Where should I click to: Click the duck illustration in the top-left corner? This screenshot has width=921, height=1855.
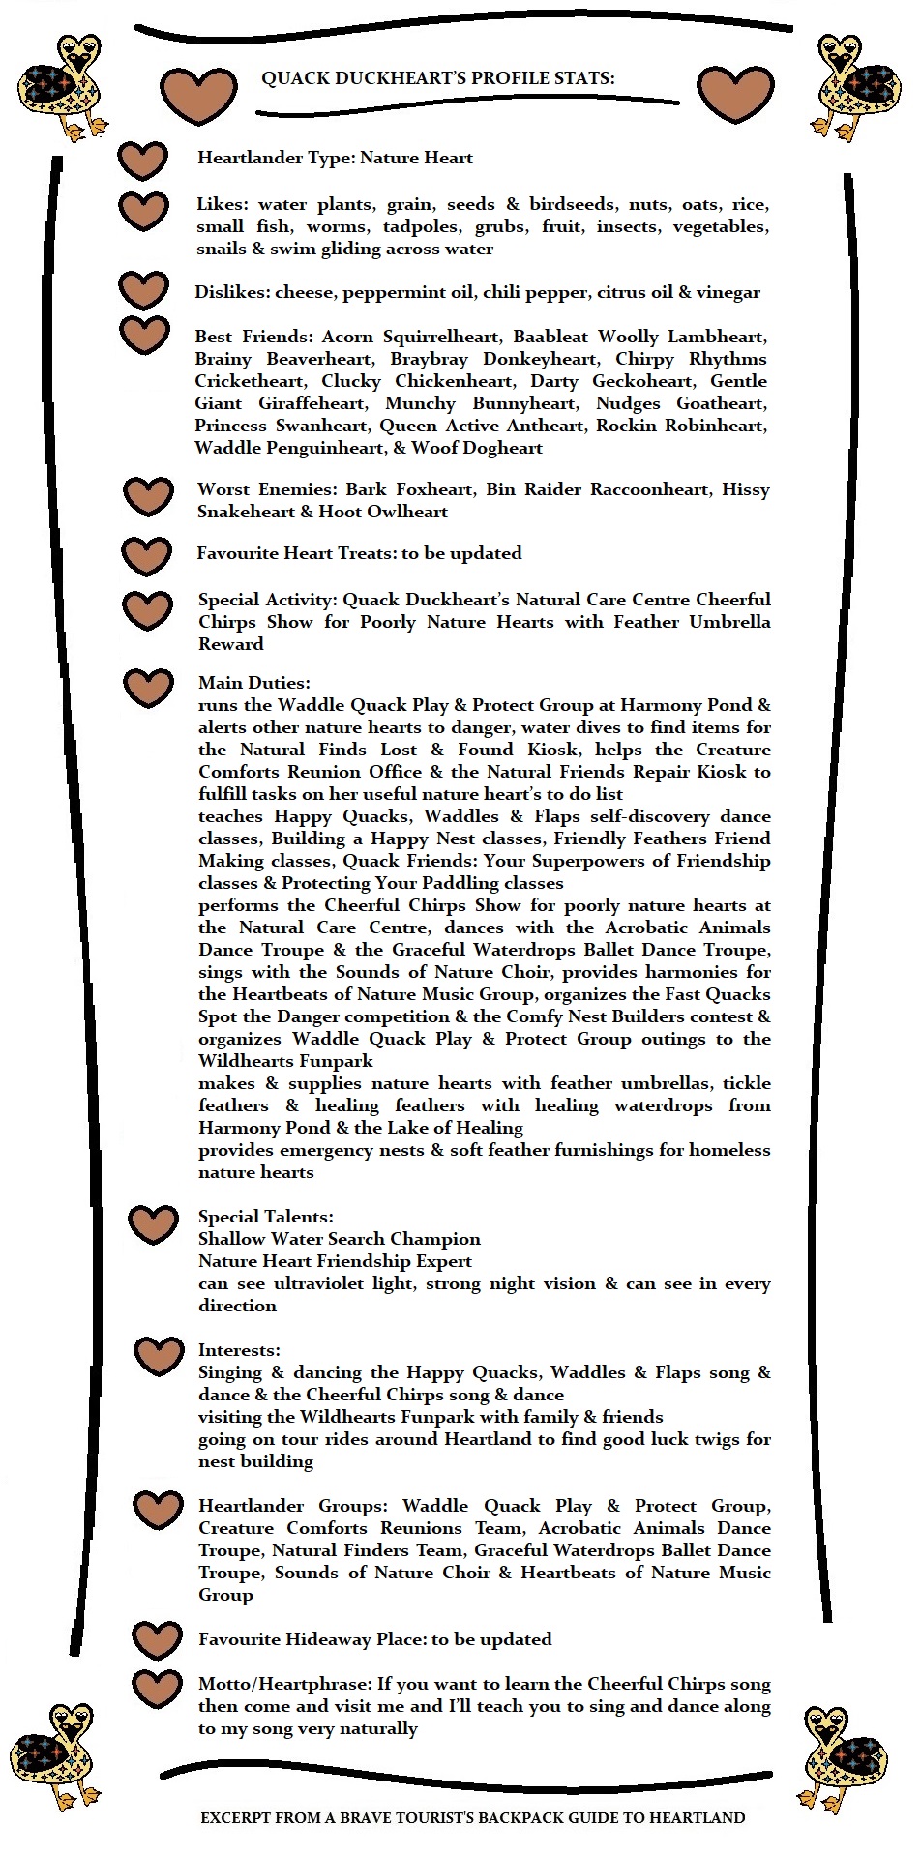click(63, 87)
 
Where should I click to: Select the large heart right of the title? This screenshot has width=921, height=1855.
click(735, 94)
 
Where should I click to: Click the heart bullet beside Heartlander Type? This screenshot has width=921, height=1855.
click(143, 161)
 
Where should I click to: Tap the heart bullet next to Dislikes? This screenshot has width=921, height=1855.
click(144, 290)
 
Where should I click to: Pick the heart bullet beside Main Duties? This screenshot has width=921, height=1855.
click(149, 688)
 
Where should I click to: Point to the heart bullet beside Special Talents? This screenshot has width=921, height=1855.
click(154, 1224)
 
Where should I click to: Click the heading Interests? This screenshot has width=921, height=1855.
click(239, 1350)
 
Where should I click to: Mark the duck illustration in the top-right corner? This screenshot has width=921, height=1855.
click(857, 87)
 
